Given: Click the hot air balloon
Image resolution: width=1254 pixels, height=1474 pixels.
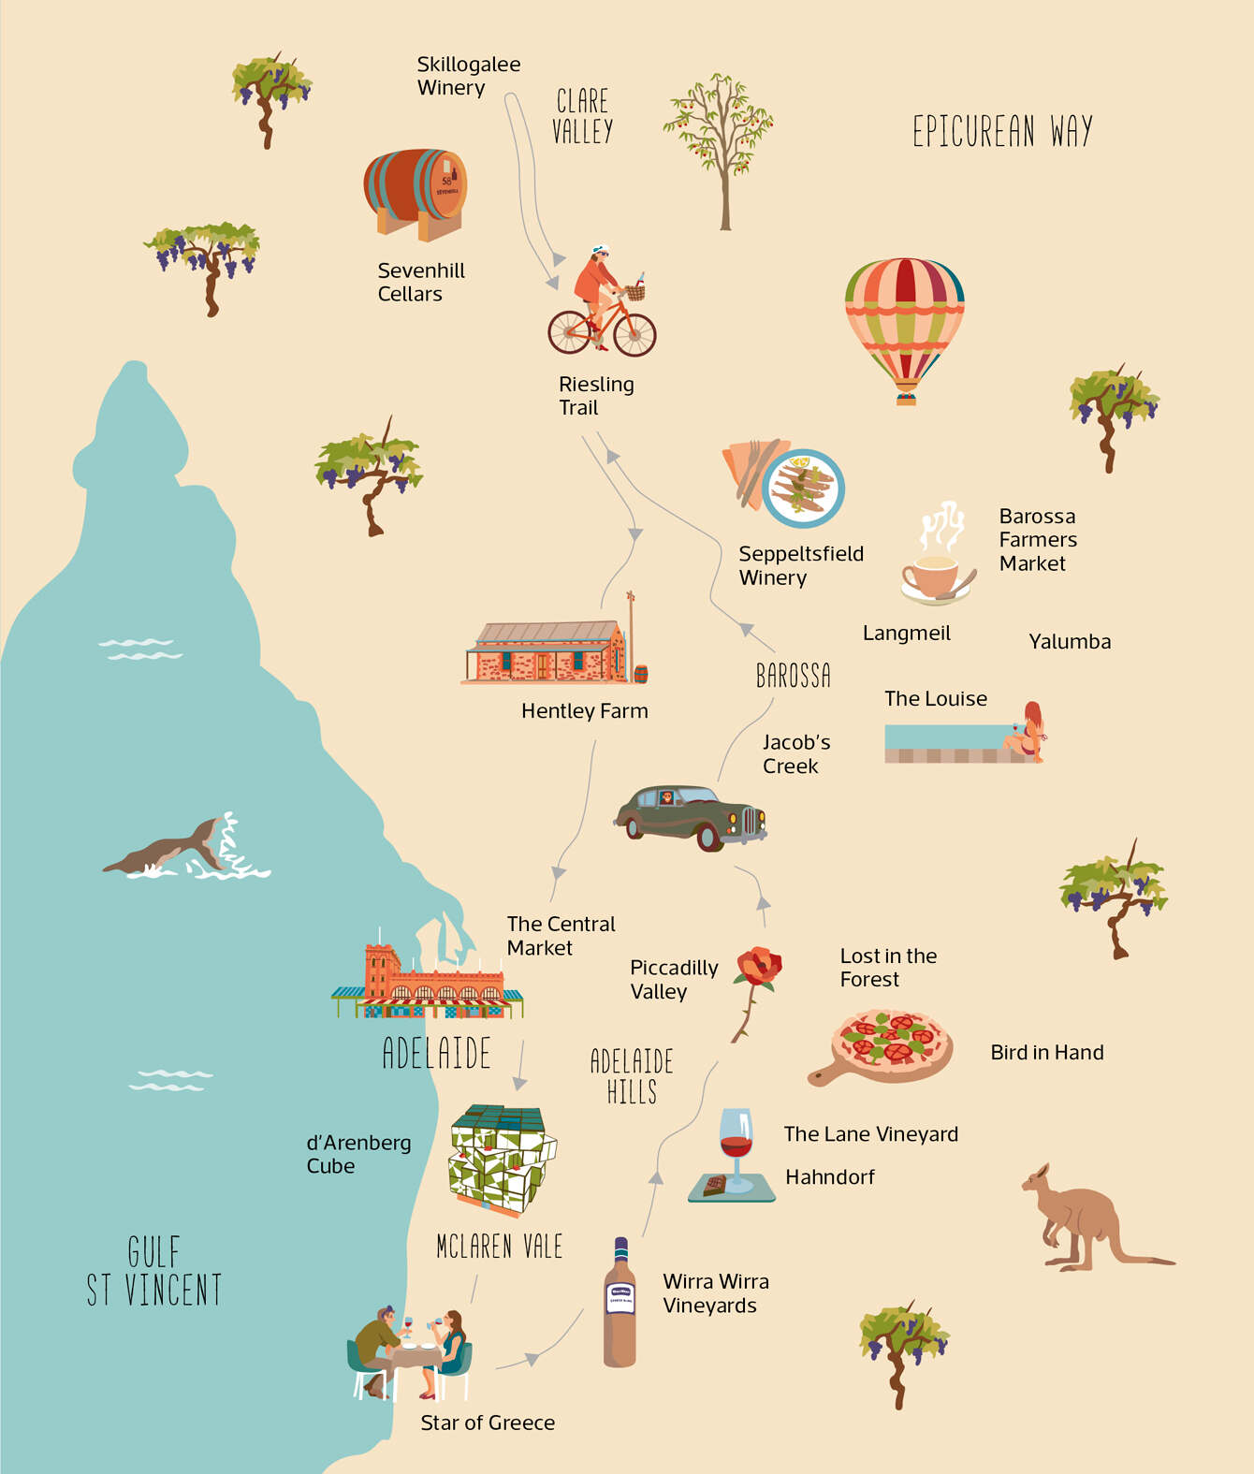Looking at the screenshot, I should coord(904,323).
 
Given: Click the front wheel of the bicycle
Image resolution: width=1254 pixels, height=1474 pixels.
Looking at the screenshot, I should coord(634,333).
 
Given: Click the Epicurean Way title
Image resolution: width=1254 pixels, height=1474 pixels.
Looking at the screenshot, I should coord(1002,132).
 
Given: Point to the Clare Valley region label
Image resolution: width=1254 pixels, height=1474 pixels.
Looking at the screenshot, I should coord(582,116).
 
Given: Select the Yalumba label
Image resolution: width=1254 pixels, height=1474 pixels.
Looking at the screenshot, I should coord(1070,642).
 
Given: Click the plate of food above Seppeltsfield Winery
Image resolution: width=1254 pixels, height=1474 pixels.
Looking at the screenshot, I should coord(803,488).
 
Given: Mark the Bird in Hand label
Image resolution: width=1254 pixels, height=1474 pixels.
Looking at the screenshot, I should coord(1047,1053).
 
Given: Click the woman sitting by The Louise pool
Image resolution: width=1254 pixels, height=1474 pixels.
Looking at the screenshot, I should coord(1028,731).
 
